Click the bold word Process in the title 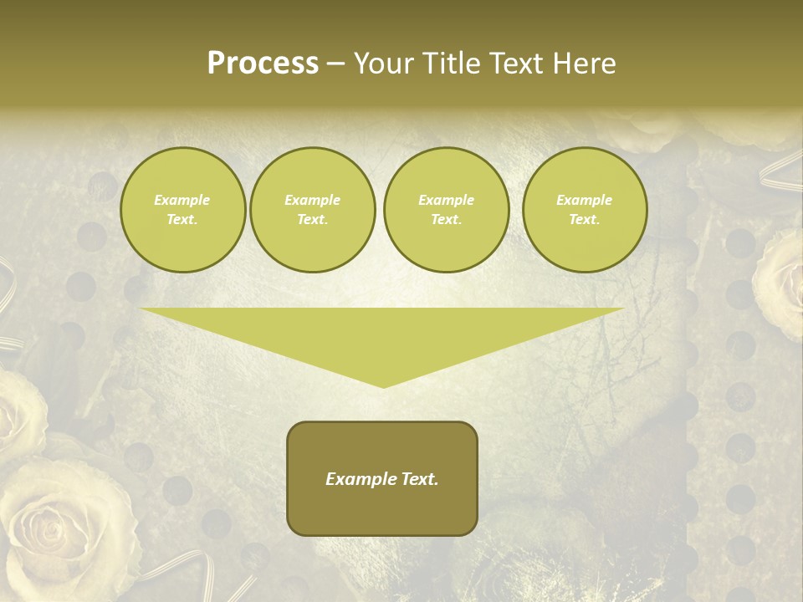(x=263, y=64)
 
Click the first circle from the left (x=182, y=210)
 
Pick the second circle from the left (x=312, y=210)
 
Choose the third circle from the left (x=446, y=210)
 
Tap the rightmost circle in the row (x=584, y=210)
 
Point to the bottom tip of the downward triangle (x=383, y=386)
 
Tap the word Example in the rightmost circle (x=584, y=200)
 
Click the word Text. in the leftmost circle (x=182, y=220)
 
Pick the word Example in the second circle (x=312, y=200)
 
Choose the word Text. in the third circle (x=446, y=220)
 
